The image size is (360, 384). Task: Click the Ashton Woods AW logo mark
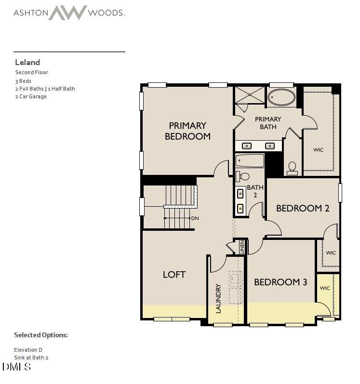click(x=67, y=13)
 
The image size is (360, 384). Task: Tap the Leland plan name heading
click(x=27, y=62)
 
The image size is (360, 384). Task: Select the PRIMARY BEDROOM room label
click(x=187, y=131)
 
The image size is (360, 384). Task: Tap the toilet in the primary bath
click(x=292, y=167)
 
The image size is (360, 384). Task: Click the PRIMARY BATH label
click(x=268, y=123)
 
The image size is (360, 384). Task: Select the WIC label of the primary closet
click(x=318, y=150)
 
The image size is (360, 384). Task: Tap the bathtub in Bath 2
click(x=250, y=160)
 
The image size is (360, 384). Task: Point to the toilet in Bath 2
click(x=244, y=176)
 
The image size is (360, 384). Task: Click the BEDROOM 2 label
click(x=302, y=208)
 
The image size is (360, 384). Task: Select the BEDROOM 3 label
click(x=280, y=282)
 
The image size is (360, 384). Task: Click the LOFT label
click(x=174, y=274)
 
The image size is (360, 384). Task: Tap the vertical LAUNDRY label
click(x=218, y=298)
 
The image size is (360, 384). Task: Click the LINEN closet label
click(x=242, y=247)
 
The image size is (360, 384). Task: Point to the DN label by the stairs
click(x=195, y=218)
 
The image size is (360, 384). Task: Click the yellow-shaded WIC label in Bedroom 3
click(x=325, y=288)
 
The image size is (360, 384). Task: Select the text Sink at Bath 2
click(x=31, y=358)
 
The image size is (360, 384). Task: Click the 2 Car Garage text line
click(x=31, y=96)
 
